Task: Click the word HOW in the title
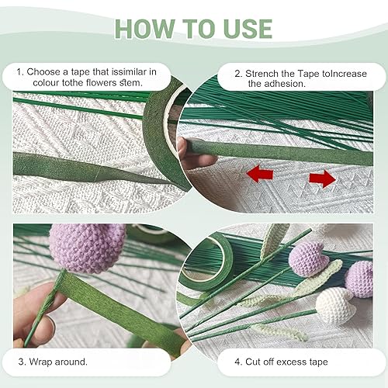[x=145, y=29]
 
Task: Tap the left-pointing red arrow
[x=260, y=174]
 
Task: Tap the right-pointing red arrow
[x=322, y=178]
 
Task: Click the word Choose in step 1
[x=43, y=71]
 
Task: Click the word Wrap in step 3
[x=40, y=362]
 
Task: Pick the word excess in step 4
[x=292, y=362]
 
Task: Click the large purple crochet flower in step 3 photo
[x=87, y=248]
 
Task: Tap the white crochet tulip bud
[x=335, y=306]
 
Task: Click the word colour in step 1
[x=46, y=83]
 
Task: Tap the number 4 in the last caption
[x=237, y=362]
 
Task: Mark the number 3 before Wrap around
[x=21, y=362]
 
